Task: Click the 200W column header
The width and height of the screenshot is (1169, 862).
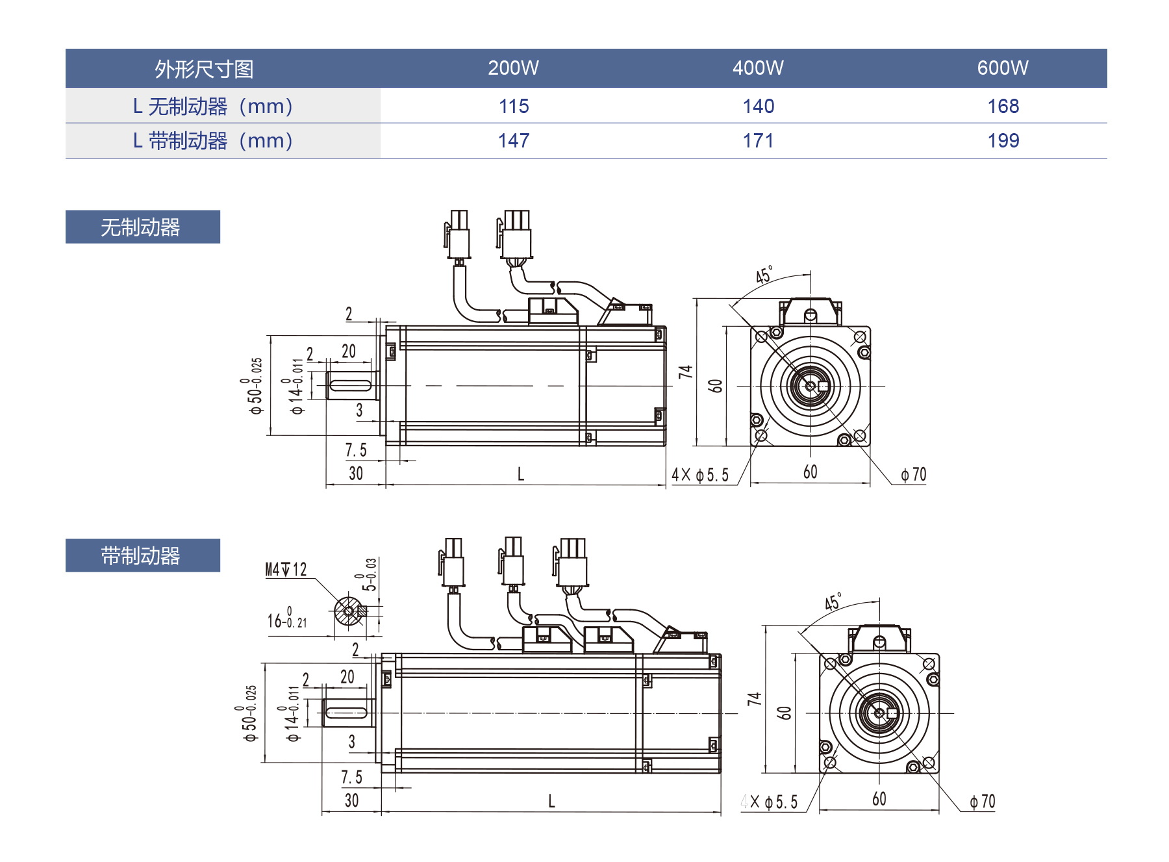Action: (x=513, y=68)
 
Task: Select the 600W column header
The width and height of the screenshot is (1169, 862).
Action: (x=1002, y=68)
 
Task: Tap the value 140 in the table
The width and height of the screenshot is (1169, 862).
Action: (x=758, y=106)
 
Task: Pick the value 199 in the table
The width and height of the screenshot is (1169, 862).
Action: (x=1003, y=140)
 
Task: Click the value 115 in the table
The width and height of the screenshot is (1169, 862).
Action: (x=514, y=106)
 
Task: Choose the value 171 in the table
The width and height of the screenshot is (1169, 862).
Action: (x=758, y=140)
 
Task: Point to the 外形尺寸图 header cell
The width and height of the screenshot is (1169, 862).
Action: (x=204, y=69)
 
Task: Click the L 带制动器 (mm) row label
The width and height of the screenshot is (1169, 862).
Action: (x=213, y=141)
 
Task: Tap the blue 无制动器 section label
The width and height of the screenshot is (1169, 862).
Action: (x=142, y=227)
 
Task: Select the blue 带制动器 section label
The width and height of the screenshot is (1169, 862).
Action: (x=142, y=555)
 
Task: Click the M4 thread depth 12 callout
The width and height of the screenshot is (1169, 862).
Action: (x=286, y=570)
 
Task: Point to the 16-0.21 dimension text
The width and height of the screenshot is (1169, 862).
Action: (x=286, y=620)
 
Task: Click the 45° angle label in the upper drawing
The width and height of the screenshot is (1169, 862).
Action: (x=764, y=275)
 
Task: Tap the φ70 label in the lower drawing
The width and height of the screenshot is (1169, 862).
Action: (x=982, y=802)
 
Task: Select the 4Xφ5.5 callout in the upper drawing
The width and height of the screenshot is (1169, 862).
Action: (x=700, y=475)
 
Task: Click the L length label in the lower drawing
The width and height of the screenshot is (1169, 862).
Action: (x=551, y=801)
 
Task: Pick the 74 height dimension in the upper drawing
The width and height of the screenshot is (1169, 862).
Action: (x=686, y=372)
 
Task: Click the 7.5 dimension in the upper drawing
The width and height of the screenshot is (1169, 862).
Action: (x=356, y=450)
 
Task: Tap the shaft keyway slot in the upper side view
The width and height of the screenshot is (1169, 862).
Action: (x=351, y=385)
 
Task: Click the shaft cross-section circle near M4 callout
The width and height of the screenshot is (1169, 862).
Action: (x=349, y=611)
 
